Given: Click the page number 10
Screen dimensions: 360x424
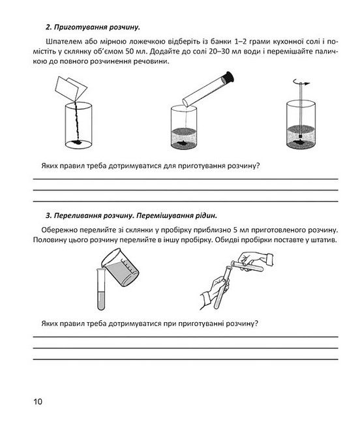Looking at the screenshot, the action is point(38,401).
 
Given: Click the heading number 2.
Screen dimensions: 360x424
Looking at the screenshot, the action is point(49,27).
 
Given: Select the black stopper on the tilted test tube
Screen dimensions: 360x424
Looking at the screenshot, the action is point(228,77).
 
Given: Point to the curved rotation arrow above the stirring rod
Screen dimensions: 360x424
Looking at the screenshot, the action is point(301,82).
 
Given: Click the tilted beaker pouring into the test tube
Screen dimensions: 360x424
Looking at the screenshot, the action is point(121,267).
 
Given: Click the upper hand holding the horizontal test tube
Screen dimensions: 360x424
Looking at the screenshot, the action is point(256,260).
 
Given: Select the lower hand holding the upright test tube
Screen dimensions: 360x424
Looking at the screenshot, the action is point(214,293).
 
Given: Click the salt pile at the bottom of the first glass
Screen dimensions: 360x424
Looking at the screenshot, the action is point(77,142).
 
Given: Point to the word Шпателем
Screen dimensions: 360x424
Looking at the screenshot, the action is point(63,42).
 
